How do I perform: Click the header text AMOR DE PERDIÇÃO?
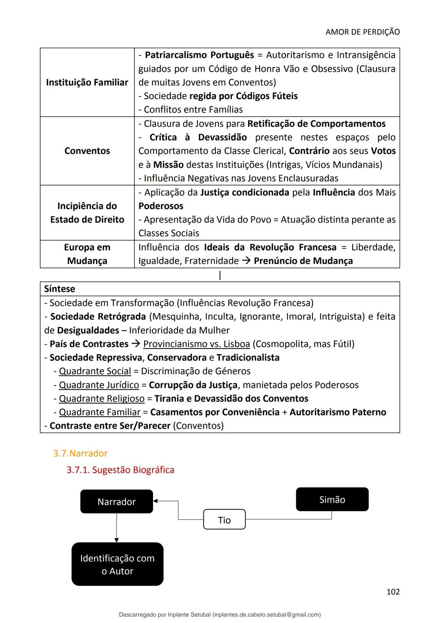click(x=362, y=32)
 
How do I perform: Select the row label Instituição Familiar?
click(x=87, y=82)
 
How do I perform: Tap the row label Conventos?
click(x=87, y=151)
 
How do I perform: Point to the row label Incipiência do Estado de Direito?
click(x=87, y=213)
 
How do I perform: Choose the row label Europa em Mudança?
click(x=87, y=254)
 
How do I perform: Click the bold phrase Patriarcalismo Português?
click(x=199, y=55)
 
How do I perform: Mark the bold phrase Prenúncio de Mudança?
click(x=303, y=261)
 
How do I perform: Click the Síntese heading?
click(x=59, y=289)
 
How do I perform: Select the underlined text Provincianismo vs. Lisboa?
click(x=196, y=344)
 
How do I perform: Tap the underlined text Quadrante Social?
click(x=95, y=371)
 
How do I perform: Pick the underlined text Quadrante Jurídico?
click(x=99, y=385)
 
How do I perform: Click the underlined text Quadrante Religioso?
click(x=101, y=399)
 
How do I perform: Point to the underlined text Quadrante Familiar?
click(x=99, y=412)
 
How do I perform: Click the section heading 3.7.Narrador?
click(x=80, y=453)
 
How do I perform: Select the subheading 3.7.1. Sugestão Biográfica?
click(x=120, y=470)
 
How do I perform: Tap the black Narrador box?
click(x=117, y=501)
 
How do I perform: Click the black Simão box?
click(x=332, y=499)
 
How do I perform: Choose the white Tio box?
click(x=224, y=520)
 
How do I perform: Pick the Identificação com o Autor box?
click(x=117, y=564)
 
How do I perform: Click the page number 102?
click(x=393, y=592)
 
